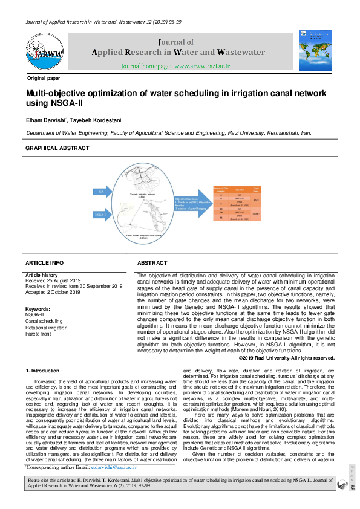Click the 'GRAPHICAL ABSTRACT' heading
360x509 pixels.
coord(57,148)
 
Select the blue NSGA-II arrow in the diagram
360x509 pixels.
coord(101,214)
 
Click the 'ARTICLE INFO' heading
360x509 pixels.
coord(44,264)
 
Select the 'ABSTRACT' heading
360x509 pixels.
coord(152,264)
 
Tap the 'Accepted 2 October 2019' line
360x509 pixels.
coord(53,292)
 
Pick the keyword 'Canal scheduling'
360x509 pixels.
coord(44,321)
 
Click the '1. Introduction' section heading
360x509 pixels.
coord(42,370)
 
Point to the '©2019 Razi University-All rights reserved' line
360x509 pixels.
coord(287,358)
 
